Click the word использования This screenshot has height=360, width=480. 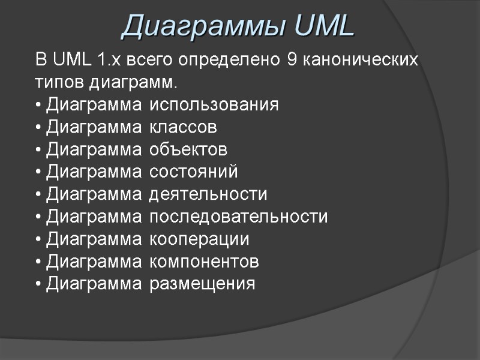(x=214, y=105)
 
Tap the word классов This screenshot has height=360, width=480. (x=183, y=127)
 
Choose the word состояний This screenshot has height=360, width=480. (x=193, y=172)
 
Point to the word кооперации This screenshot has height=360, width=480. (x=199, y=239)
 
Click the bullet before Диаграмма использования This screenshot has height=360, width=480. (x=39, y=106)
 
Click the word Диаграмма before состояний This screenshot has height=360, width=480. (x=94, y=172)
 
